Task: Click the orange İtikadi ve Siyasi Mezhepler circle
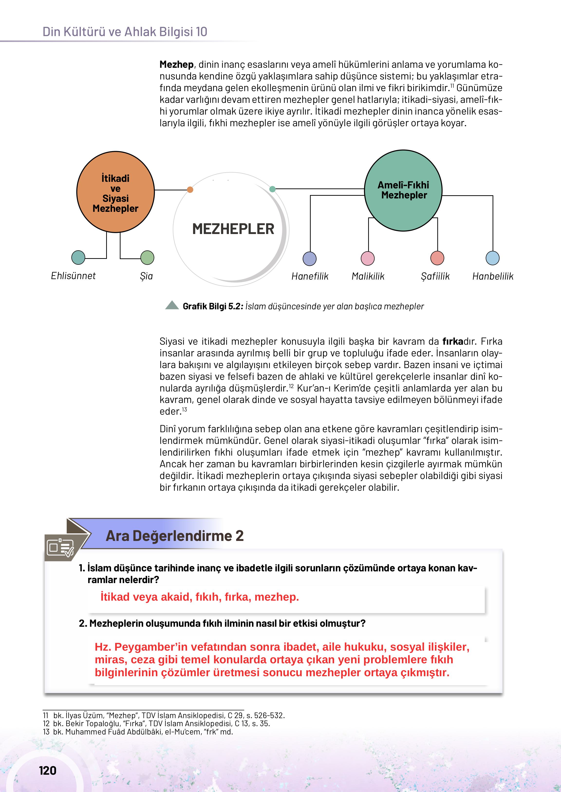point(115,192)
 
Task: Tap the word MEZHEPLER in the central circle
point(233,229)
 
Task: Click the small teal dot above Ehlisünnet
point(78,257)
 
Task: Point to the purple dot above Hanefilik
point(309,258)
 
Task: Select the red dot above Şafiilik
point(437,258)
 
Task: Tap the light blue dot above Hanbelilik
point(492,258)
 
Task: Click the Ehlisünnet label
point(73,276)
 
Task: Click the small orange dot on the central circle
point(190,189)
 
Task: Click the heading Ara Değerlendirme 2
point(174,536)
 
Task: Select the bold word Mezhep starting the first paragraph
point(176,64)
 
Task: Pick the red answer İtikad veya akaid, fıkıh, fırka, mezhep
point(200,597)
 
